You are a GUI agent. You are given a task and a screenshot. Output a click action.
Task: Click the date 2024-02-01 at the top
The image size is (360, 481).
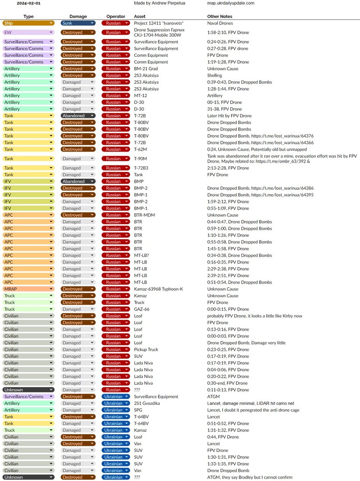point(28,3)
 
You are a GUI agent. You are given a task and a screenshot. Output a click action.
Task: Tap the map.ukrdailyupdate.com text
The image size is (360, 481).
point(231,3)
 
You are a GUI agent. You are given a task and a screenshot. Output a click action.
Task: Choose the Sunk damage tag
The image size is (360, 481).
point(78,23)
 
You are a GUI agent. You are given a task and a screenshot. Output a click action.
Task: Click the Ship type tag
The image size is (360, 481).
point(28,23)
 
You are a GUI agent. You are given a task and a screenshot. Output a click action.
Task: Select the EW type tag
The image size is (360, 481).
point(28,32)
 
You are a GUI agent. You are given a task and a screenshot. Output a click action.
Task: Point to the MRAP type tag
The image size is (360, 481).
point(28,289)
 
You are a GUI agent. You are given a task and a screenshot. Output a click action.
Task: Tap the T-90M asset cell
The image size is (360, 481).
point(141,159)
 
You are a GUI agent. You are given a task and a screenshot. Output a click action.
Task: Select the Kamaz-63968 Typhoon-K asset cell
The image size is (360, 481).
point(158,289)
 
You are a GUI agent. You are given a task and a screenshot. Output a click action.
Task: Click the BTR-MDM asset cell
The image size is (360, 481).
point(144,215)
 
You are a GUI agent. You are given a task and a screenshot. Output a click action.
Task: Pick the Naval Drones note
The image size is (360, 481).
point(220,23)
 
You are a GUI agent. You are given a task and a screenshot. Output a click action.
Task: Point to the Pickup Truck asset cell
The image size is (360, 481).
point(146,349)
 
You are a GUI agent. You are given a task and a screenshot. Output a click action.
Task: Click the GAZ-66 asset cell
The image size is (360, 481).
point(142,309)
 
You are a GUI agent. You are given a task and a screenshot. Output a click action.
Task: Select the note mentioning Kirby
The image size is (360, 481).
point(255,316)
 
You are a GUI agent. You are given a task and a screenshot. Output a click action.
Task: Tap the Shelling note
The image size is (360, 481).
point(215,75)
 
